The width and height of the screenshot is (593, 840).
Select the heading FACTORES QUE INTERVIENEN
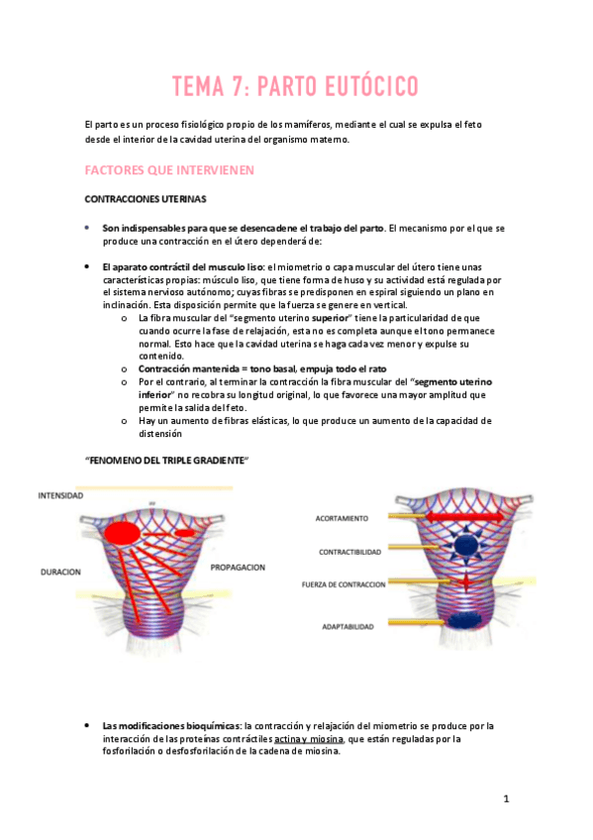click(170, 170)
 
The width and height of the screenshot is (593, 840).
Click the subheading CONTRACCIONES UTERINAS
click(146, 198)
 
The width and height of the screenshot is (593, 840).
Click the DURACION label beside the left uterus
click(60, 572)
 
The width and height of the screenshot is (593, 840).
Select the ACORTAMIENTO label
click(343, 518)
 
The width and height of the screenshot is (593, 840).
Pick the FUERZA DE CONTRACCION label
click(344, 584)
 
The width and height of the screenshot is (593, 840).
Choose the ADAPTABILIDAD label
click(347, 627)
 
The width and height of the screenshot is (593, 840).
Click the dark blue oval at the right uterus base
click(464, 621)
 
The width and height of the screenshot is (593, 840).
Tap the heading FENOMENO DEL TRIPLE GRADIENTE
click(166, 461)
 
